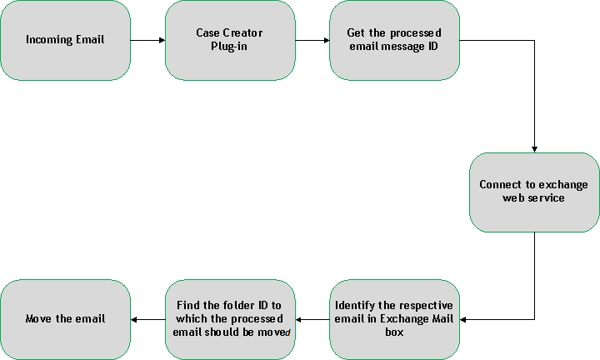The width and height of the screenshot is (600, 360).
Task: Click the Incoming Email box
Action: click(x=65, y=40)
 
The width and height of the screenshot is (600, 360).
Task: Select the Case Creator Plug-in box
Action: click(x=229, y=40)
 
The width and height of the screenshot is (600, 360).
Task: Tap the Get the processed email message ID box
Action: click(x=393, y=40)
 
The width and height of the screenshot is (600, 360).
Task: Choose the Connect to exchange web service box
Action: click(x=533, y=192)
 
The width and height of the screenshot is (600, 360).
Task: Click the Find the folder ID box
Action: click(x=231, y=319)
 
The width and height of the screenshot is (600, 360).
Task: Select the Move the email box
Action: click(x=65, y=319)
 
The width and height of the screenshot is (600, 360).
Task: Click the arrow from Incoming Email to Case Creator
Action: click(x=147, y=40)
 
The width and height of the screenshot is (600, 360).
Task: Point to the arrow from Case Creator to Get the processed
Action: click(x=312, y=40)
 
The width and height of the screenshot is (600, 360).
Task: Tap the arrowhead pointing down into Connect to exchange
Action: click(x=533, y=147)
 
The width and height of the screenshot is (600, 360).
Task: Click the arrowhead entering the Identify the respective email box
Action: click(x=464, y=319)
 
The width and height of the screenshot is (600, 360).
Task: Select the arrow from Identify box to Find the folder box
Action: click(x=312, y=319)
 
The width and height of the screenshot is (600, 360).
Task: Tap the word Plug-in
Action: click(x=229, y=47)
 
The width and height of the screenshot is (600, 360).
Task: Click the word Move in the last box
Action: click(x=38, y=319)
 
